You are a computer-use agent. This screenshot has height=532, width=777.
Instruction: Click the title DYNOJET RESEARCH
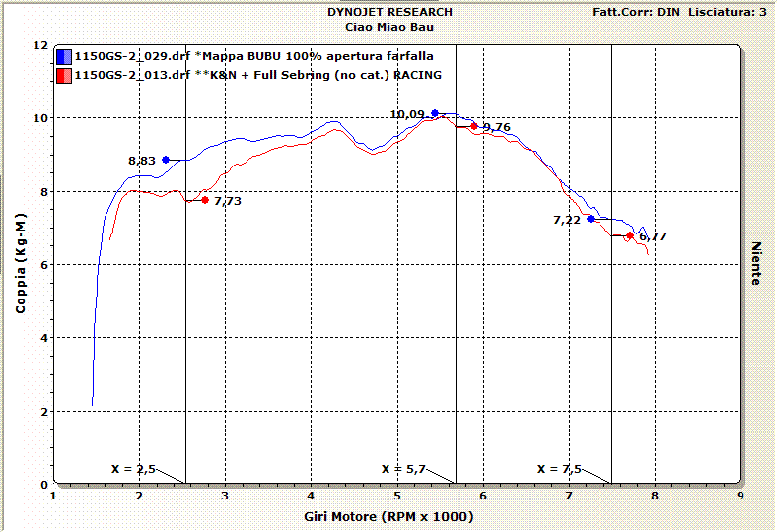(390, 12)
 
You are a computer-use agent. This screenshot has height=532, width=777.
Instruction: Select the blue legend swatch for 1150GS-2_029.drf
(63, 56)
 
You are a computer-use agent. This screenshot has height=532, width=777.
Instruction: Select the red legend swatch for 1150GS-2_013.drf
(63, 75)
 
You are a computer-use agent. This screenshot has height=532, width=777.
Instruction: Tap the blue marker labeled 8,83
(166, 159)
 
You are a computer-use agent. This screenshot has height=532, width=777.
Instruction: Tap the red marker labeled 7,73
(205, 200)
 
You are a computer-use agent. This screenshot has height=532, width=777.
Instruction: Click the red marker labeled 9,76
(474, 126)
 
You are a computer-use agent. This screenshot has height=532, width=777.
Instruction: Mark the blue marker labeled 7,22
(591, 219)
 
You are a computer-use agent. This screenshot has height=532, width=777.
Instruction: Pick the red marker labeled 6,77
(629, 235)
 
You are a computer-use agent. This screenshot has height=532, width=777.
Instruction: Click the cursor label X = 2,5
(133, 469)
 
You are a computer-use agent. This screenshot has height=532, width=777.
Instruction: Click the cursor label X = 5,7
(403, 469)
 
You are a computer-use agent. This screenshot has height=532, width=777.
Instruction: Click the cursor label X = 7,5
(560, 469)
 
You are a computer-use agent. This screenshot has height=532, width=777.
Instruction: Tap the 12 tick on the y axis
(40, 45)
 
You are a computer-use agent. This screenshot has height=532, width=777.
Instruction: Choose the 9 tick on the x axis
(740, 497)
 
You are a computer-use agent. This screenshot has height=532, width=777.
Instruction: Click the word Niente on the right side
(756, 264)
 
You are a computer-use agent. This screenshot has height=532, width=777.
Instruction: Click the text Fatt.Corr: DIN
(635, 12)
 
